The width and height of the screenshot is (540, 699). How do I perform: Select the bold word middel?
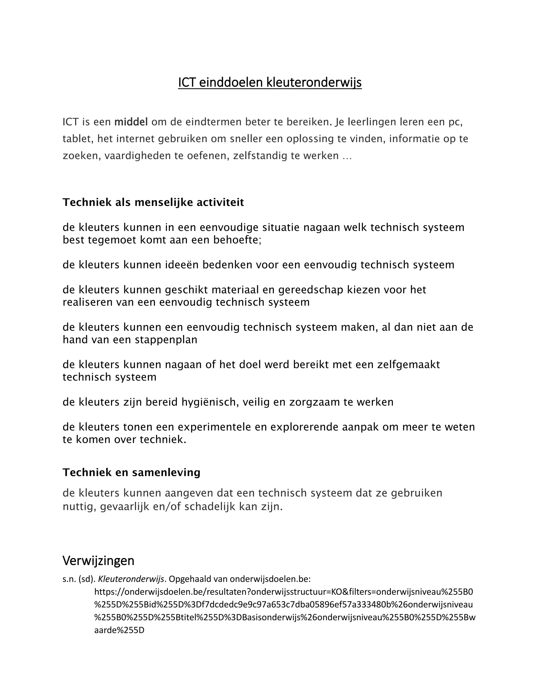click(x=131, y=122)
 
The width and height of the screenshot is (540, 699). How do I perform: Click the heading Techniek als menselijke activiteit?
click(x=153, y=202)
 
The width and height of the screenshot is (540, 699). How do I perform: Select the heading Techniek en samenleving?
click(x=132, y=472)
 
